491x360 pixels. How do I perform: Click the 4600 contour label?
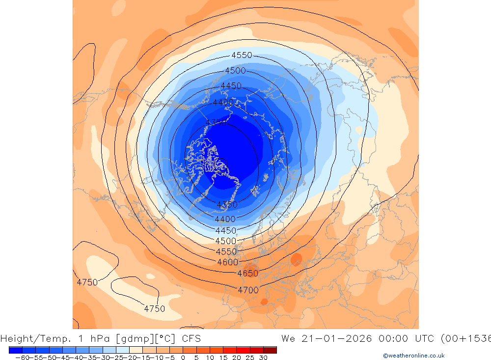point(227,262)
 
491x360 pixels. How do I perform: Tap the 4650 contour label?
point(247,274)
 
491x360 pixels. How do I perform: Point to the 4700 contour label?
point(248,290)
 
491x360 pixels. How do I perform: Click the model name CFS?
point(191,338)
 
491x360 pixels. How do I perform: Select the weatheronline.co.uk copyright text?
point(414,356)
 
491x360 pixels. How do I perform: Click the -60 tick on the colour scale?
point(22,358)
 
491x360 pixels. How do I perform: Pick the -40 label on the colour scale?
point(75,358)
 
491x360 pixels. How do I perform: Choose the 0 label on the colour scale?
point(183,358)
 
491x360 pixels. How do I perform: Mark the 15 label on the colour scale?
point(223,358)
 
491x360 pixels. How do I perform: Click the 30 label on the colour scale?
point(263,358)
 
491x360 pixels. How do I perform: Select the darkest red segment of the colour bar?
point(270,350)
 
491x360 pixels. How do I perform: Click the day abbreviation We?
point(289,338)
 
